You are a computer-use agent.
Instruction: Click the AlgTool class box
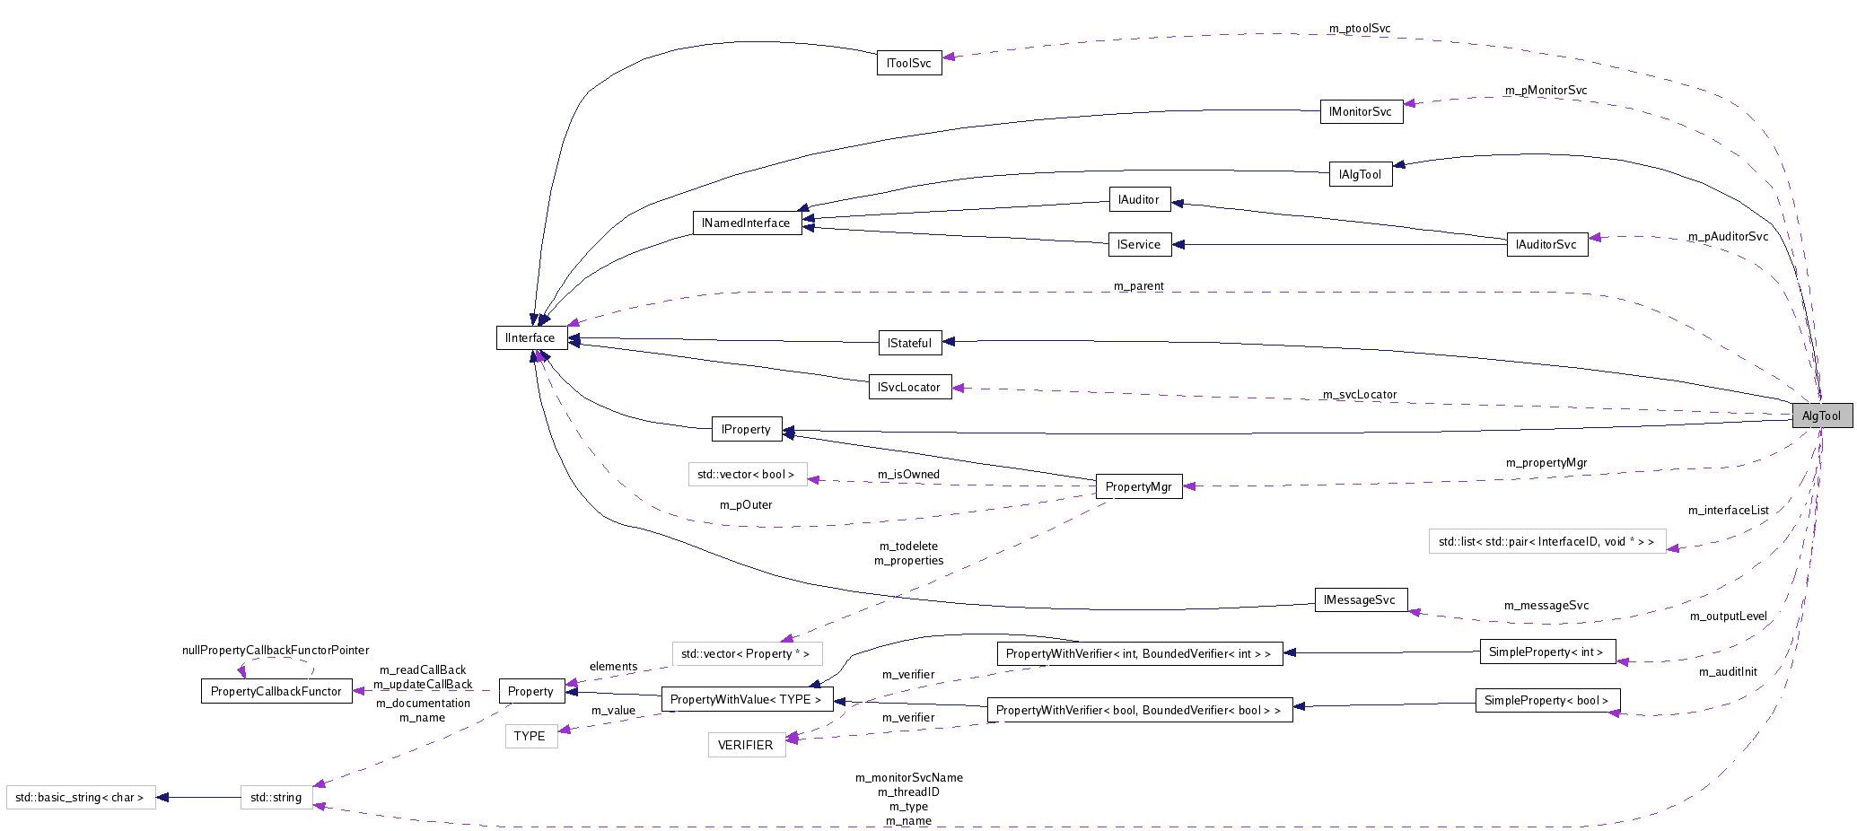[x=1821, y=415]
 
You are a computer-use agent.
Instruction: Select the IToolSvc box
[x=908, y=63]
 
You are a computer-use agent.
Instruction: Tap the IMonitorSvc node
[x=1361, y=111]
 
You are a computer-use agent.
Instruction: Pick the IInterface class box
[x=530, y=337]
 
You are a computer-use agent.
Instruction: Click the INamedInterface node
[x=746, y=223]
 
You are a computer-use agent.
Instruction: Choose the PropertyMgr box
[x=1138, y=486]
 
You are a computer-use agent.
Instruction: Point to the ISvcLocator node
[x=909, y=387]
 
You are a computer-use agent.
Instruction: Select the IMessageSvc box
[x=1360, y=599]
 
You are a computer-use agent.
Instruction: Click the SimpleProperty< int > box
[x=1546, y=652]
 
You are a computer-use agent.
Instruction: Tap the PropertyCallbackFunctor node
[x=276, y=691]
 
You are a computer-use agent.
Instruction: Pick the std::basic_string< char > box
[x=80, y=797]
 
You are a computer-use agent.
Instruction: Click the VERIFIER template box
[x=746, y=745]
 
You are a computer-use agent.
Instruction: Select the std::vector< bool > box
[x=746, y=474]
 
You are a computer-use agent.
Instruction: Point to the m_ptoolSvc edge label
[x=1359, y=29]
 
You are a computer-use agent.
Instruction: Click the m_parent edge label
[x=1138, y=286]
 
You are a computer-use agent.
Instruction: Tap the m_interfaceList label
[x=1728, y=511]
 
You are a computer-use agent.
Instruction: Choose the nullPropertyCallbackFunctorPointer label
[x=276, y=650]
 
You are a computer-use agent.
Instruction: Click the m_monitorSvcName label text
[x=908, y=778]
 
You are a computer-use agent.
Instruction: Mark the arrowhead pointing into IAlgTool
[x=1398, y=164]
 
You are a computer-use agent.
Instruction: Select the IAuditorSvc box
[x=1546, y=244]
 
